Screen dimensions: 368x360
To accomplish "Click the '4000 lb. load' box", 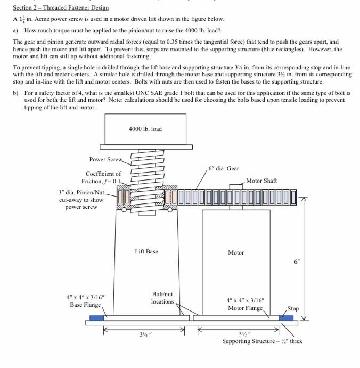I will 145,129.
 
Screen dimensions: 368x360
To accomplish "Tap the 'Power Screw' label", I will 105,159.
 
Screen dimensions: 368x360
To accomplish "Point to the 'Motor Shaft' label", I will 261,181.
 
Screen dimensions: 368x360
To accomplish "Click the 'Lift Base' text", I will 146,251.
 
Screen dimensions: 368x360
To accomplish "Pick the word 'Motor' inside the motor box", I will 235,252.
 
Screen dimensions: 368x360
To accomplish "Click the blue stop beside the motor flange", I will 286,318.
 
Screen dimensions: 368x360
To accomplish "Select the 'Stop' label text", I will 293,308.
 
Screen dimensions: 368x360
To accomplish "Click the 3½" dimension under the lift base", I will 144,334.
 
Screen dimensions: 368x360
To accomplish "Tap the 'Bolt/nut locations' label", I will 162,298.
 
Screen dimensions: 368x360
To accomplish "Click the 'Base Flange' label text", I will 85,305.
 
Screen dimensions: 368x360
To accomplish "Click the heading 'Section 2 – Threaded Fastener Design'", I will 61,7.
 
